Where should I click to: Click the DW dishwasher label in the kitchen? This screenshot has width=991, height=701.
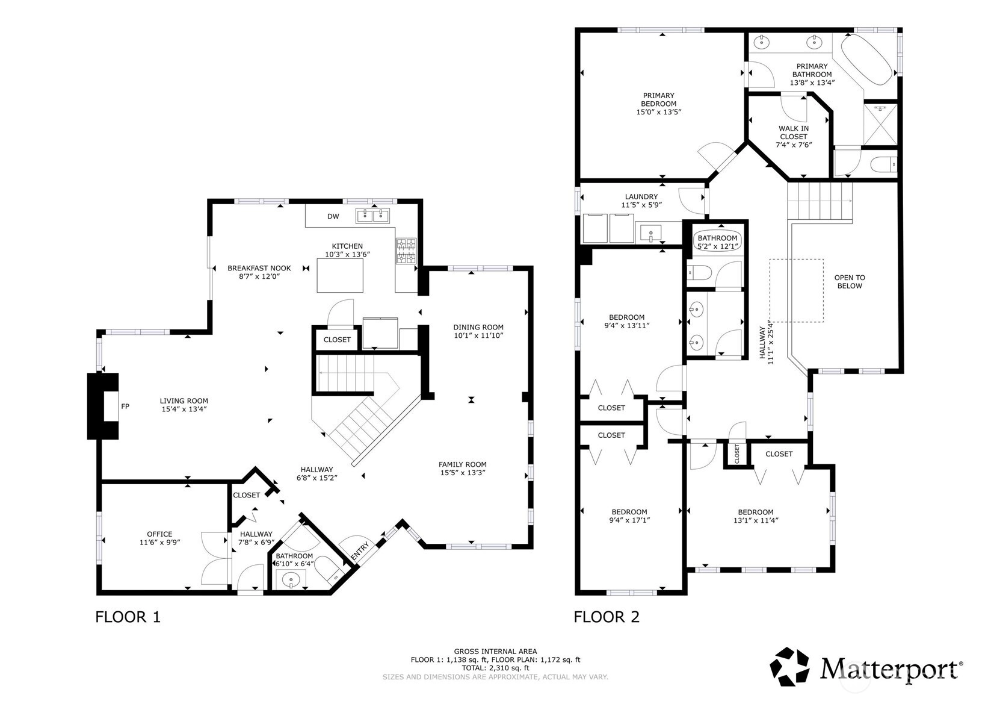333,217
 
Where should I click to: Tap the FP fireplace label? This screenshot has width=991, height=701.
125,406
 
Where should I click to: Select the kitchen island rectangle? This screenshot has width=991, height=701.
340,275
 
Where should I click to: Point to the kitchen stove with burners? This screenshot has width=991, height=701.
406,251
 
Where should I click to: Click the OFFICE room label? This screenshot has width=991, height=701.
159,534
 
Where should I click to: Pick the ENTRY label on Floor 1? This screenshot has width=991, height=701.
360,551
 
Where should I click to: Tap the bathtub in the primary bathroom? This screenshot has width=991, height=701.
866,60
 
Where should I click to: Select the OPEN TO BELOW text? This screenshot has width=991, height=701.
850,282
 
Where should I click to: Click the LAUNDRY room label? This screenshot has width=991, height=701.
641,196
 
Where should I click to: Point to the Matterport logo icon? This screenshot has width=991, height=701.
789,667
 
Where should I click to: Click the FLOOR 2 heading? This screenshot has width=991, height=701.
607,617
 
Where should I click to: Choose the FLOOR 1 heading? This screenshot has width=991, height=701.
128,617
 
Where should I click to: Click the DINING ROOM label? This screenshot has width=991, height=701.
478,327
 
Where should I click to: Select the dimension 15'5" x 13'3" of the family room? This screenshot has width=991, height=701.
463,473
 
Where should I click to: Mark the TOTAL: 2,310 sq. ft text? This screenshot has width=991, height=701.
496,668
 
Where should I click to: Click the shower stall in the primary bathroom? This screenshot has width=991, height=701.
880,125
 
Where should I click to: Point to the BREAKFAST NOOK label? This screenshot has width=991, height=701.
259,268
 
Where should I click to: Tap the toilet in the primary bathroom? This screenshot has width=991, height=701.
883,165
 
